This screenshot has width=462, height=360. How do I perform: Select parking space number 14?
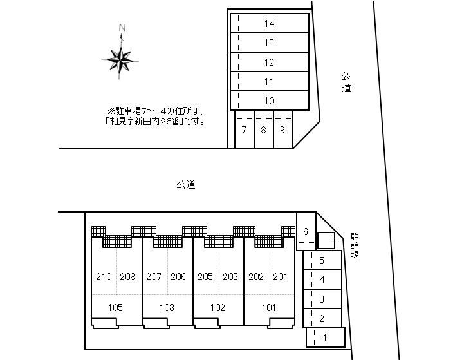tap(270, 24)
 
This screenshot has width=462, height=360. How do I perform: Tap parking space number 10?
tap(270, 101)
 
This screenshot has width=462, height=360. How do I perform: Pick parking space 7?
tap(244, 130)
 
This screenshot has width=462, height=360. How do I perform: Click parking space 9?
tap(282, 130)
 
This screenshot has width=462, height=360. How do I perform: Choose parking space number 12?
tap(270, 62)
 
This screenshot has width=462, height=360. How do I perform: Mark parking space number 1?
tap(325, 337)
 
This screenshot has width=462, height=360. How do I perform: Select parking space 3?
tap(322, 299)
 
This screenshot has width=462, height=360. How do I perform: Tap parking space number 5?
tap(322, 261)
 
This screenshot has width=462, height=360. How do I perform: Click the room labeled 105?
tap(116, 307)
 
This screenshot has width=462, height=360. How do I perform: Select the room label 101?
tap(269, 307)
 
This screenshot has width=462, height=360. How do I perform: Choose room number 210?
tap(103, 277)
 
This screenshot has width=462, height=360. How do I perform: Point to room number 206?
tap(178, 277)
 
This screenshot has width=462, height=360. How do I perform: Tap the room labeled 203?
tap(230, 277)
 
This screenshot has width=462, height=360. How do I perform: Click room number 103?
tap(167, 307)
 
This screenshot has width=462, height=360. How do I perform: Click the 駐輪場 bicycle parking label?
tap(355, 245)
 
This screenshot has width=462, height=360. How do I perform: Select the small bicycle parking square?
tap(326, 240)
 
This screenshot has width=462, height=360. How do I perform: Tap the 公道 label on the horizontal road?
tap(186, 185)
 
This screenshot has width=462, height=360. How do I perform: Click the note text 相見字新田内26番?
tap(155, 120)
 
